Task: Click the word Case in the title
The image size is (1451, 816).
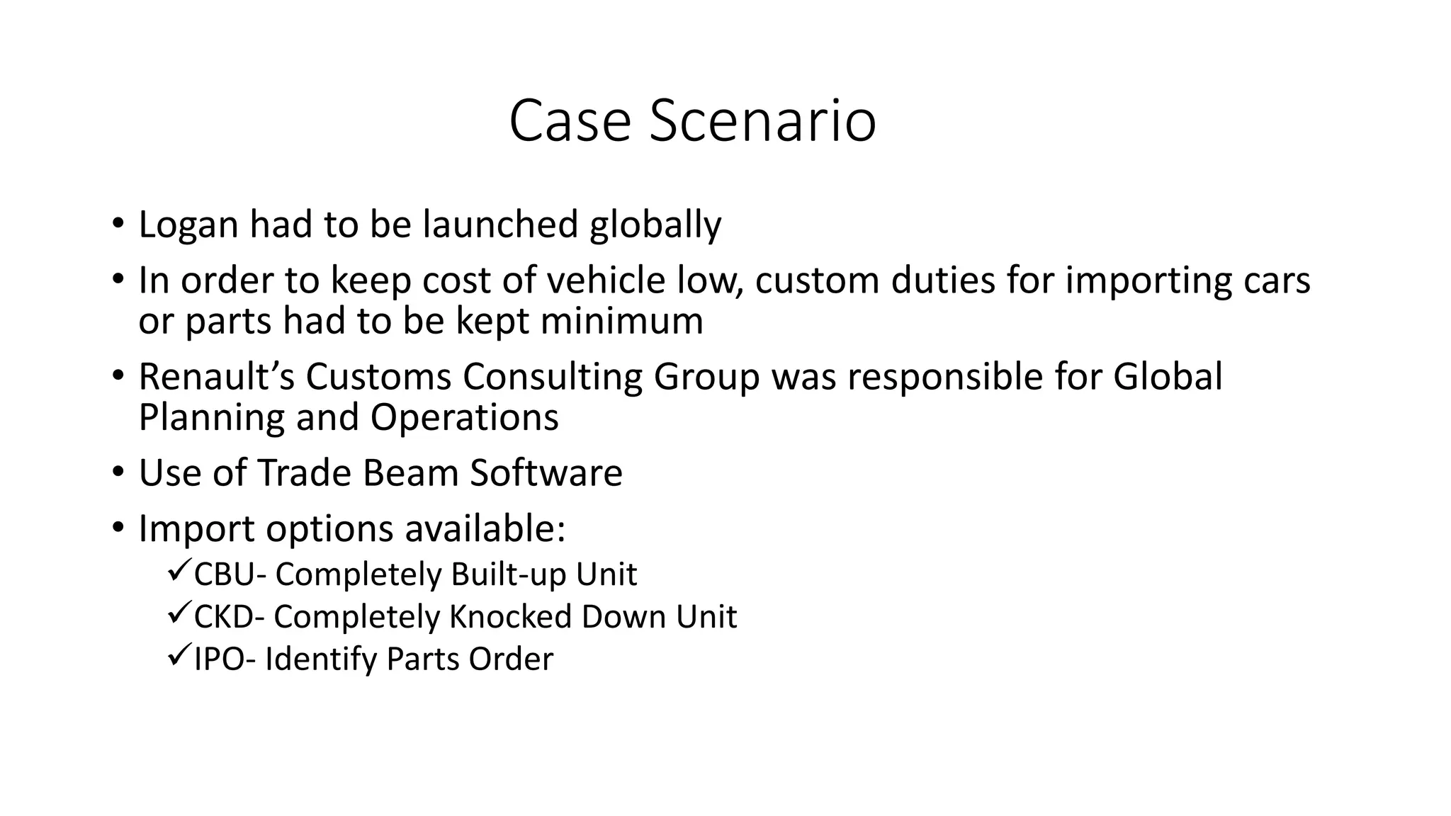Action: [x=570, y=121]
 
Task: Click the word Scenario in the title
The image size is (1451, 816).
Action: [x=762, y=121]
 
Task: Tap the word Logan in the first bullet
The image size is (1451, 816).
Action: [x=188, y=225]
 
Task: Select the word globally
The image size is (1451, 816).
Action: [x=655, y=226]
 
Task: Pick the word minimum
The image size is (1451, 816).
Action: [x=621, y=321]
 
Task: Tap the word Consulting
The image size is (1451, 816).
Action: [x=553, y=376]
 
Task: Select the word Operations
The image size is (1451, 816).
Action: [x=464, y=417]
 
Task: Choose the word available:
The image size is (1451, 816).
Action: [x=485, y=528]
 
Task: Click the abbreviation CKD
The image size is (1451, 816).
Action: [x=222, y=616]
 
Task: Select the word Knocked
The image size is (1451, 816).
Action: [x=511, y=616]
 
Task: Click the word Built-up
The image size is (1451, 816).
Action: [x=508, y=574]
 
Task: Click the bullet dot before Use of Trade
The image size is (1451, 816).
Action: [x=118, y=472]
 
